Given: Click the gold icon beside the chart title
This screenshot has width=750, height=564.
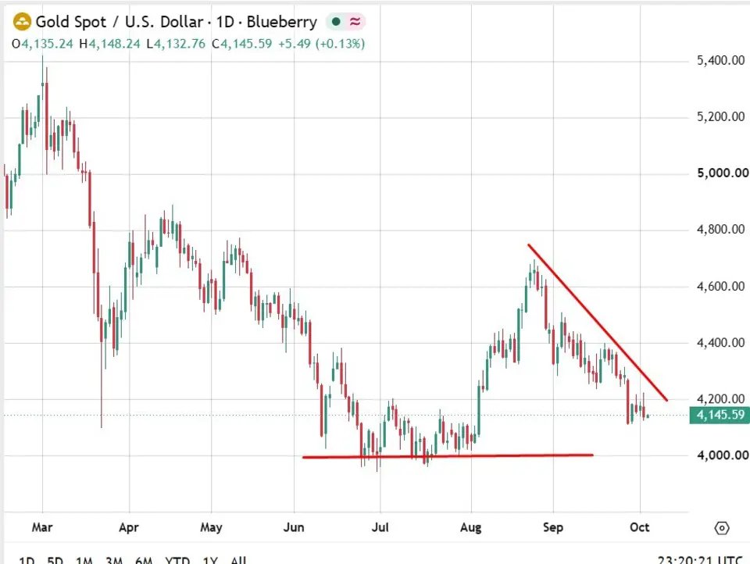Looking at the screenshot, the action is click(22, 22).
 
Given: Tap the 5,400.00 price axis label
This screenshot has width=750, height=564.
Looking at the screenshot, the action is click(721, 60).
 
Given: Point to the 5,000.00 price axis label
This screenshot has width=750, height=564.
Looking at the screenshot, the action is click(723, 173).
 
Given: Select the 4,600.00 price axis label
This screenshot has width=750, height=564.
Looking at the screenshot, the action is click(721, 286).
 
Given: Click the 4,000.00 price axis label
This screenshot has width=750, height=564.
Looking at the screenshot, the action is click(723, 455).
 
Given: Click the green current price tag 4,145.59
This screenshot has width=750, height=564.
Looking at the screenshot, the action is click(720, 415).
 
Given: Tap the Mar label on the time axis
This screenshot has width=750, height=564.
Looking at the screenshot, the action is click(42, 527).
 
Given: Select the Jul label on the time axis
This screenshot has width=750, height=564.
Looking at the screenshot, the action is click(380, 527).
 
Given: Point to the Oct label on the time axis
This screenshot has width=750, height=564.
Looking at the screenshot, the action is click(640, 527).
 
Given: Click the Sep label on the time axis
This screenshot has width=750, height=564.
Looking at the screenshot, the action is click(553, 527).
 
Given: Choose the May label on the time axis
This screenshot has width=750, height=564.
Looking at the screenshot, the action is click(211, 527).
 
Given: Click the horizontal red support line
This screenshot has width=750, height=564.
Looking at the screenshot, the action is click(448, 456).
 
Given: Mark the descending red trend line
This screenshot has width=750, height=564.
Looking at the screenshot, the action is click(598, 323).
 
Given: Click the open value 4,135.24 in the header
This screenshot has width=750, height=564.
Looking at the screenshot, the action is click(47, 44).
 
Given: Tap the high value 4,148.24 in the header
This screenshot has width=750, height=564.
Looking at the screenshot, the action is click(114, 44).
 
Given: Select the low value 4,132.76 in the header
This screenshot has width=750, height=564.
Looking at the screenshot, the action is click(180, 44).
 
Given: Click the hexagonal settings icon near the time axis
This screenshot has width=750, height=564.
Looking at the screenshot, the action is click(722, 528).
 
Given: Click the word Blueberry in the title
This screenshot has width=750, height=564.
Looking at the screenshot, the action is click(282, 22).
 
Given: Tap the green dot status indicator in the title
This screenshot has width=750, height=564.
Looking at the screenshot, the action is click(336, 22).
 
